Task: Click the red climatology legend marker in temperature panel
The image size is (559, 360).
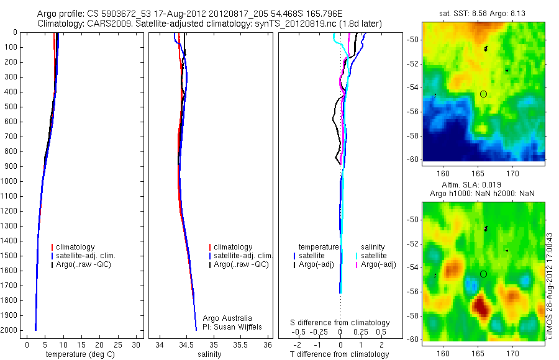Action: [x=52, y=247]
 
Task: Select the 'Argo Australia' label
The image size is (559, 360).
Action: [x=228, y=318]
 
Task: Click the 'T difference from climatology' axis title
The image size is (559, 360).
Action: [x=339, y=354]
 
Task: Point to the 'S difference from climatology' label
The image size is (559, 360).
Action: [x=340, y=323]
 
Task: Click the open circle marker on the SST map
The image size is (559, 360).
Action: [x=483, y=94]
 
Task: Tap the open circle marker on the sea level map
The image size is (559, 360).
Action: [x=483, y=274]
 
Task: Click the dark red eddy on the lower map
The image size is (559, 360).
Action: [x=480, y=305]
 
